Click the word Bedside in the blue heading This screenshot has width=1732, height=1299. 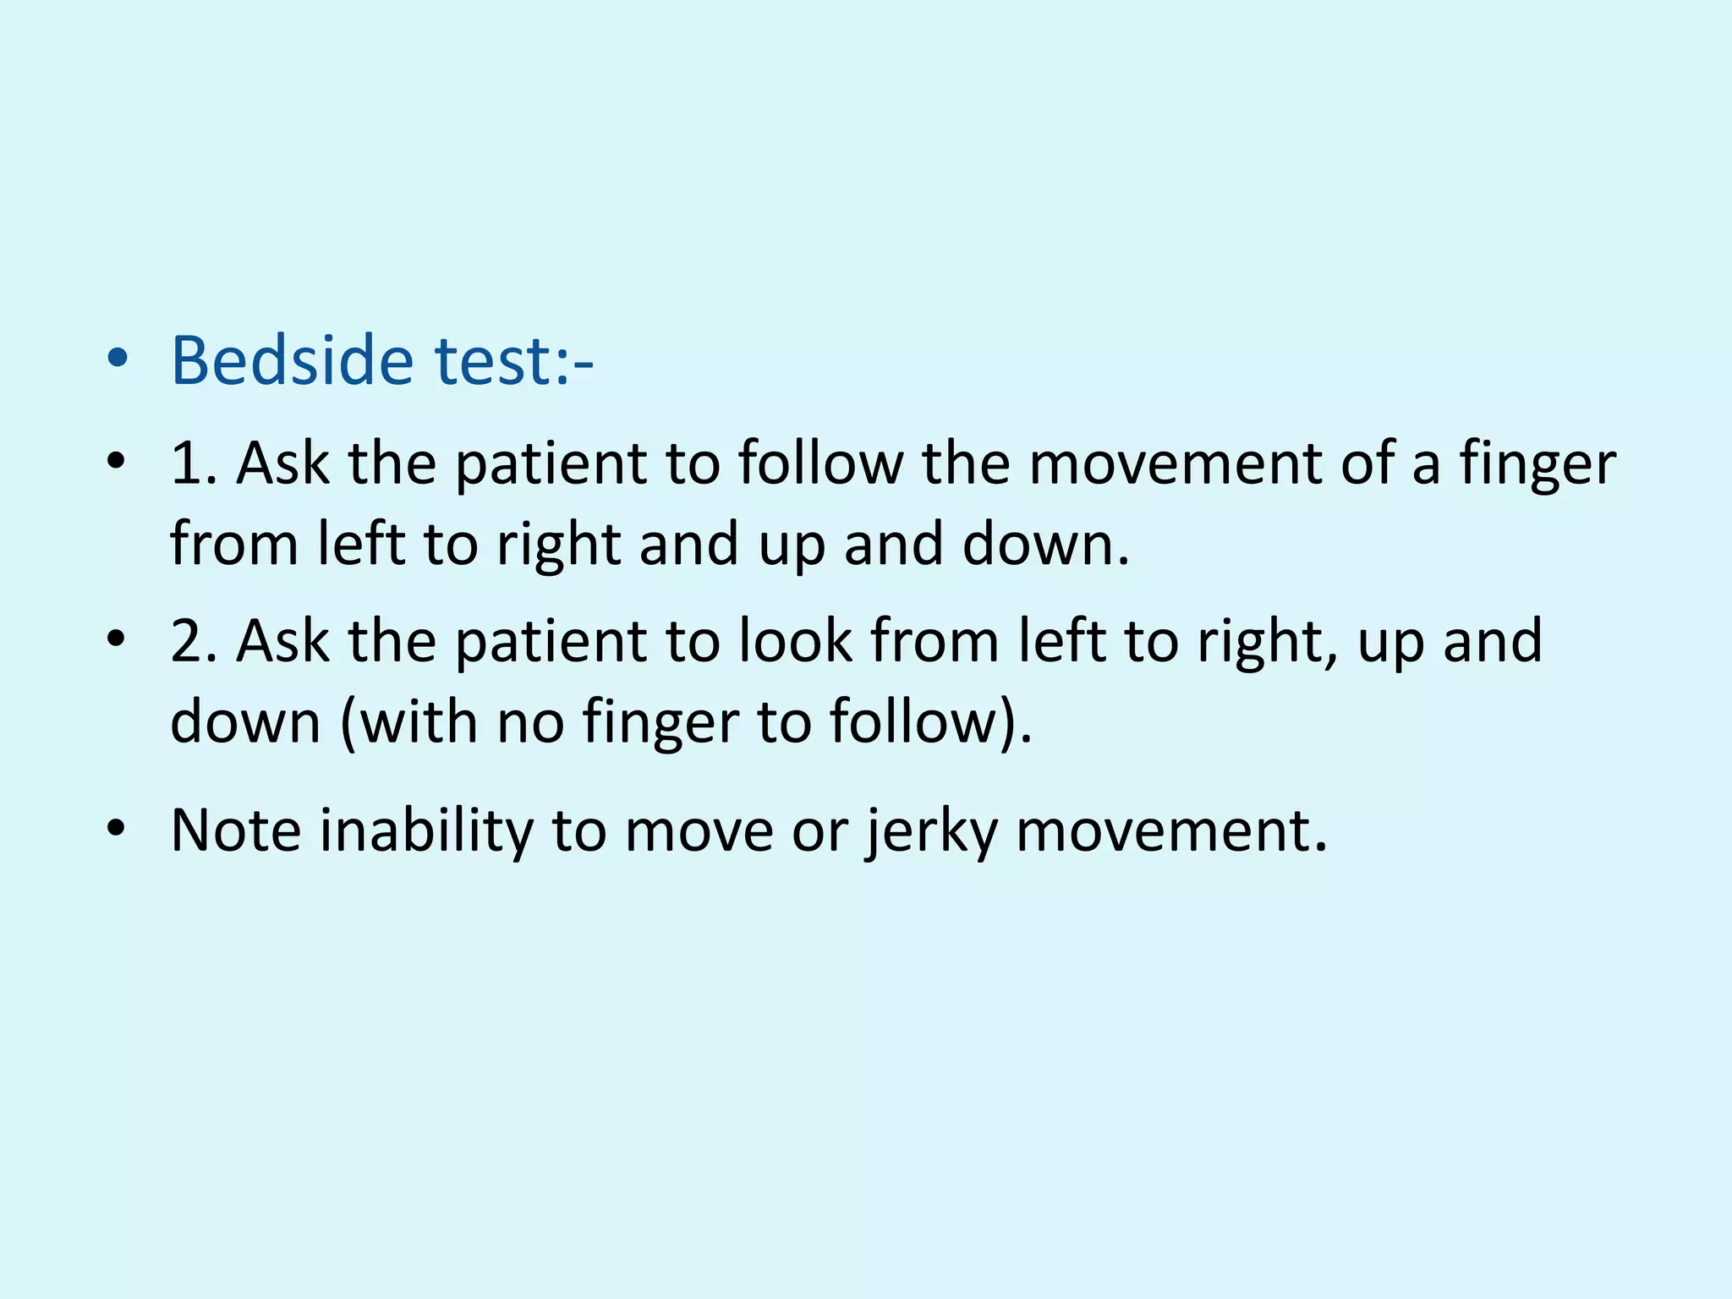[292, 361]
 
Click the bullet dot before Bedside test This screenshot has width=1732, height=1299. [118, 359]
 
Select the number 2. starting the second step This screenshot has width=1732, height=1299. [194, 641]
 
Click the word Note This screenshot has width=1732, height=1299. [235, 830]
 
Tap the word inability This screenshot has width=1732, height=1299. [426, 830]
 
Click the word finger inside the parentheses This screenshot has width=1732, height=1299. [660, 724]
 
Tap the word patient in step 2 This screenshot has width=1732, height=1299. [551, 641]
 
